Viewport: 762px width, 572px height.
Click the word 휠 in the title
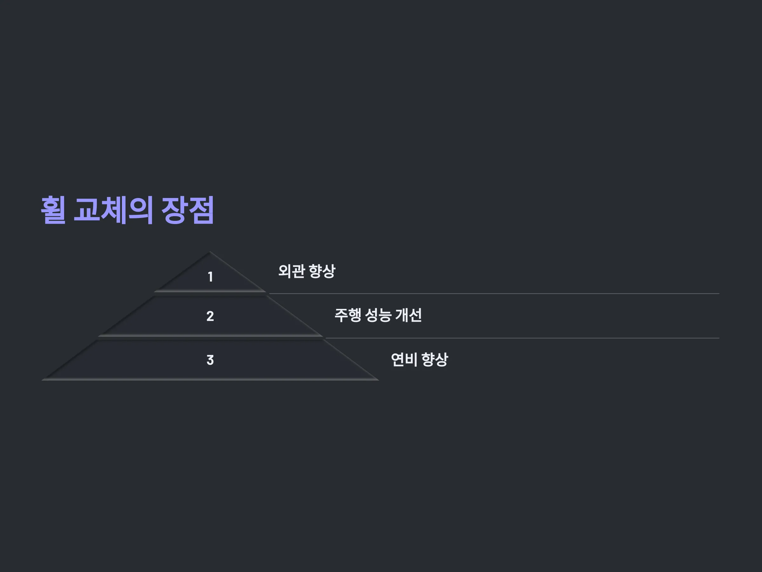[x=53, y=210]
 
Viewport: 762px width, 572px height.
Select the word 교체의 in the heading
[x=113, y=210]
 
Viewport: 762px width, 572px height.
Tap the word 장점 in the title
[x=188, y=210]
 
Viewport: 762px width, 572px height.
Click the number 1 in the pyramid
[x=211, y=276]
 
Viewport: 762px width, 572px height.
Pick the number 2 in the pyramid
[x=210, y=316]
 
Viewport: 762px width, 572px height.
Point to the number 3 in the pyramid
[x=210, y=360]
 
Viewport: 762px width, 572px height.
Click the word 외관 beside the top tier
[x=291, y=271]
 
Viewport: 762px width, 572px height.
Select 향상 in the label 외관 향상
[x=322, y=271]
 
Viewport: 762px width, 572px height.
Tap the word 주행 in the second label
[x=348, y=315]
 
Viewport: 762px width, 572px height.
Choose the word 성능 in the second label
[x=378, y=315]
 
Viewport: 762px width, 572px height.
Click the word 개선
[x=409, y=315]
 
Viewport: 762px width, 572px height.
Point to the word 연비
[x=404, y=360]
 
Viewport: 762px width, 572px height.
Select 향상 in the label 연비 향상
[x=435, y=360]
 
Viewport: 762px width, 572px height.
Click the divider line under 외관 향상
[x=494, y=294]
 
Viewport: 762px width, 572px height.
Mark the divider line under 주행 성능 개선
[x=523, y=338]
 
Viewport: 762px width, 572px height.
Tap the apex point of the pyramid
[x=210, y=252]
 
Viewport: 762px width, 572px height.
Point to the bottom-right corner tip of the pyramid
[x=378, y=380]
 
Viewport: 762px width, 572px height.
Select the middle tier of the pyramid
[x=210, y=316]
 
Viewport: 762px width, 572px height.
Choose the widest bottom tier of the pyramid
[x=210, y=360]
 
